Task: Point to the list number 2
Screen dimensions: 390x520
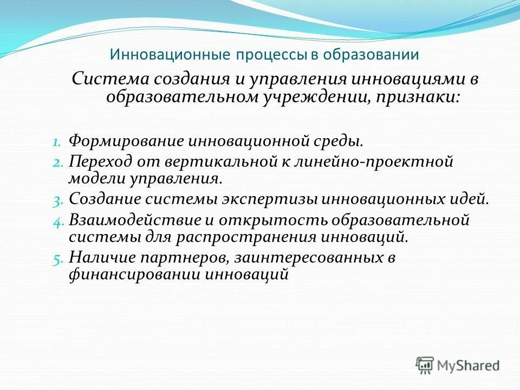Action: click(58, 162)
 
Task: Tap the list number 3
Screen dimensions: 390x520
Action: click(58, 200)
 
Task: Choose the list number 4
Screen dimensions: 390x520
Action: click(58, 220)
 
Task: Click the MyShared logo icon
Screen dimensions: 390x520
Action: click(425, 365)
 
